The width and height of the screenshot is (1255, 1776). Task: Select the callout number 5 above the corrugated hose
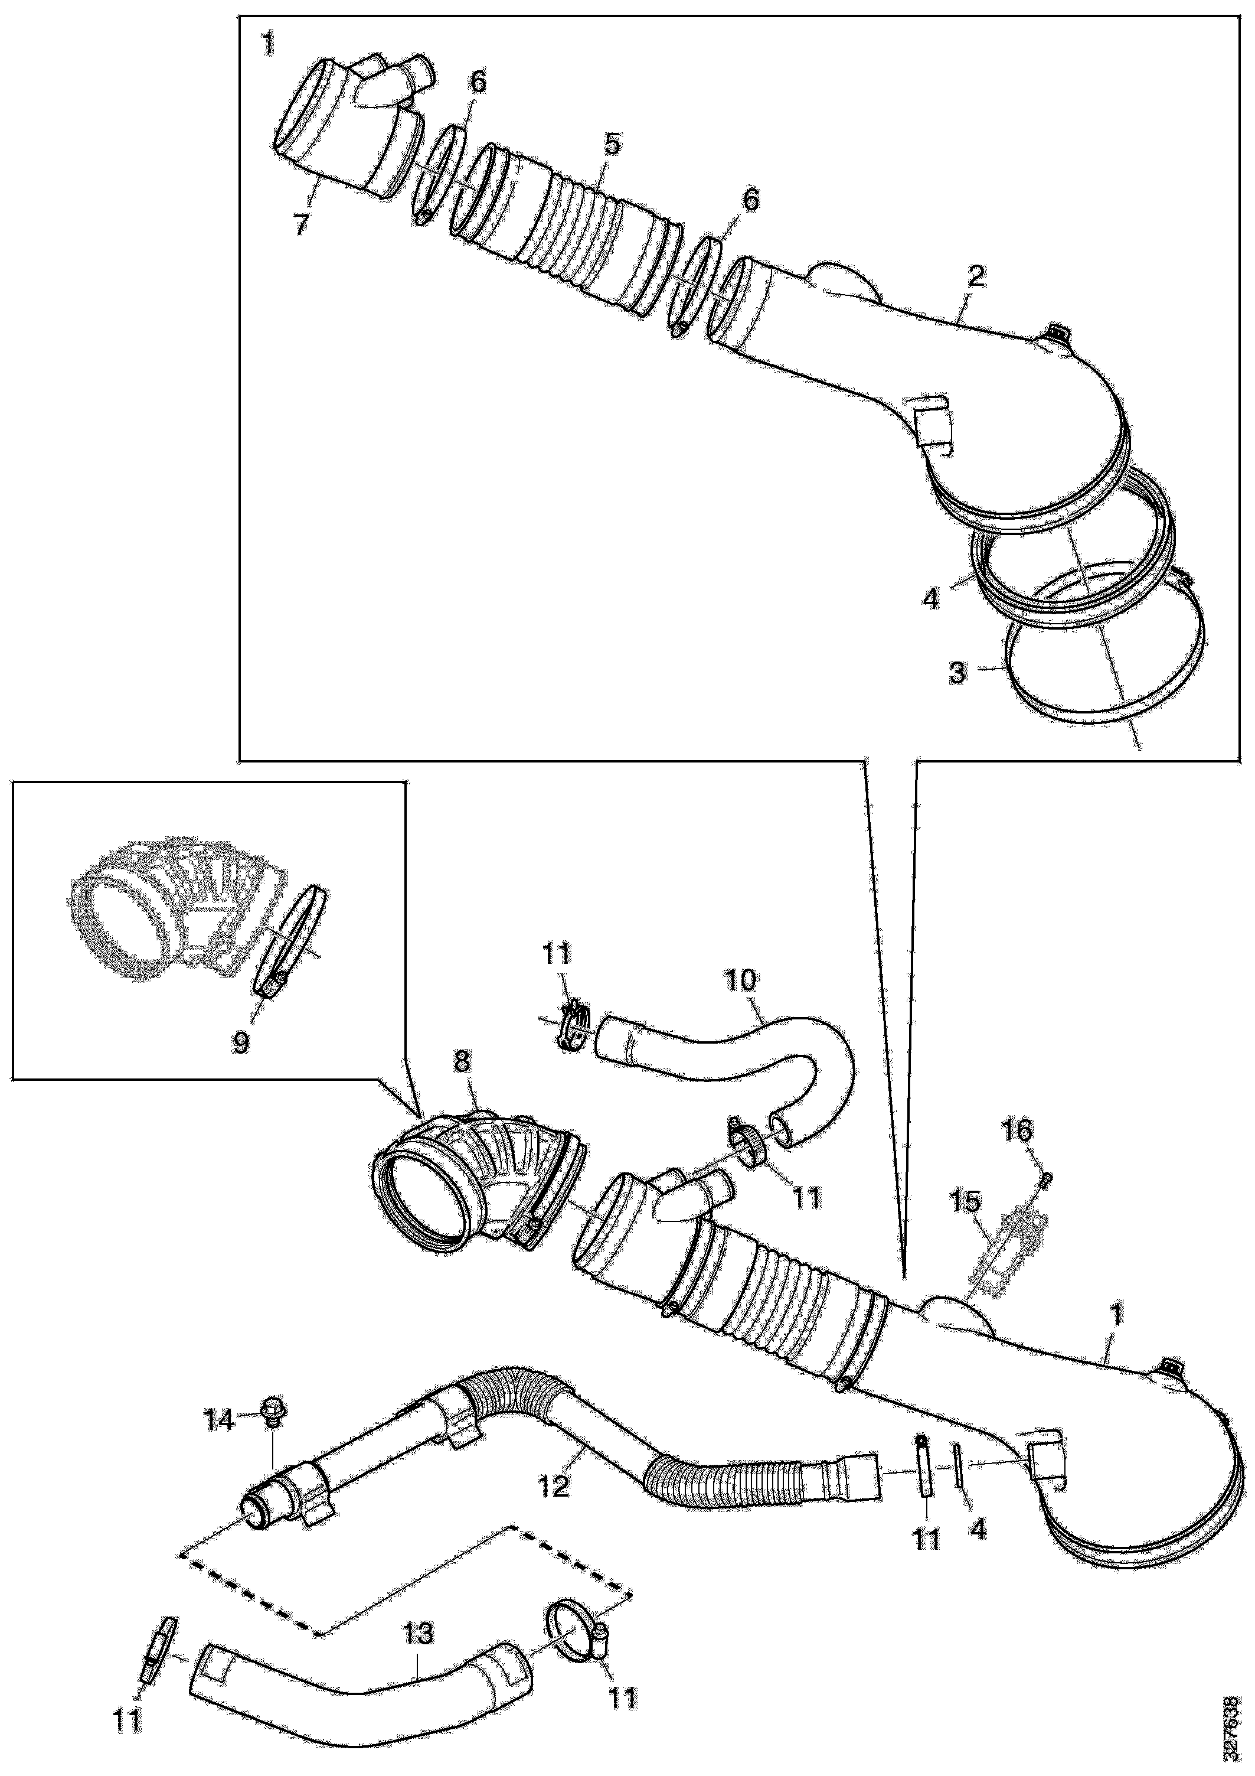[x=611, y=144]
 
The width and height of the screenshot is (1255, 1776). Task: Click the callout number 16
[x=1018, y=1131]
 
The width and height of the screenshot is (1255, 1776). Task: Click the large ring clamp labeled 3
[x=1067, y=681]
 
